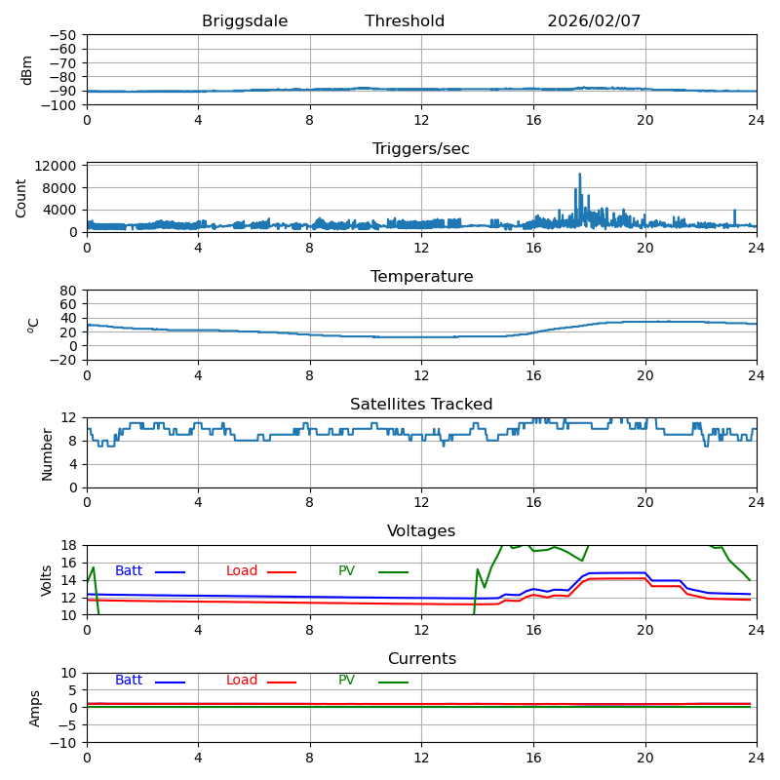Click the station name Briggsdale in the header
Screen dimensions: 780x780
click(245, 21)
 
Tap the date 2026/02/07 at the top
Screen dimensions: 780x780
click(594, 21)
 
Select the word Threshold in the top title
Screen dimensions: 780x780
click(405, 21)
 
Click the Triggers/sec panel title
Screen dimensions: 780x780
click(421, 149)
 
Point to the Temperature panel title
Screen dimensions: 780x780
click(421, 277)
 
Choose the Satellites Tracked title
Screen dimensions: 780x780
click(421, 405)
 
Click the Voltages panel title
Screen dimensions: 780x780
click(421, 531)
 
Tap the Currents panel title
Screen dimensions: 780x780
click(421, 659)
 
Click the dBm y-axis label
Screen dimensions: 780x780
click(27, 69)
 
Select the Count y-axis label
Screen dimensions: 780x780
click(21, 197)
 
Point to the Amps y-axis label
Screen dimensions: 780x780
click(35, 708)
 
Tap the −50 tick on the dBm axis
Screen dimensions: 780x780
click(62, 35)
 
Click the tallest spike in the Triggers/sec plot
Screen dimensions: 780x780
click(579, 175)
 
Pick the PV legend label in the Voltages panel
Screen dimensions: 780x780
click(347, 571)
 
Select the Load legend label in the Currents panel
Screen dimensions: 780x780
click(242, 681)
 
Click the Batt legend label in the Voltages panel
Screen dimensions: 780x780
click(129, 571)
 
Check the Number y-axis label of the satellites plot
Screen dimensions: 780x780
click(47, 453)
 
